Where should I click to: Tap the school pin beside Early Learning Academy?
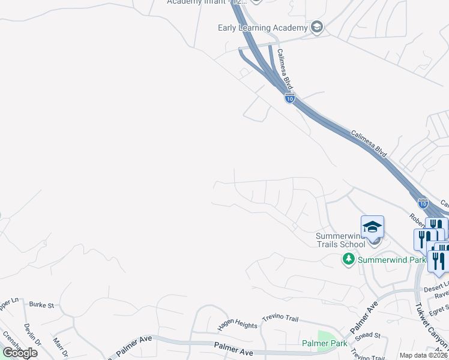coord(317,27)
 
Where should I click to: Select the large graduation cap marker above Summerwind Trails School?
coord(372,227)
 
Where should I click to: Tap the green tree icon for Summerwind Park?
coord(348,259)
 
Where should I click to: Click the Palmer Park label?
coord(325,344)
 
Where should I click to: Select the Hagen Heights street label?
coord(237,325)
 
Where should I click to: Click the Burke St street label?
coord(41,305)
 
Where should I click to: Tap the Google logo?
coord(20,353)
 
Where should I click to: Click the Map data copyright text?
coord(423,355)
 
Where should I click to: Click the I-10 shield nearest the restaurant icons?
coord(423,204)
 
